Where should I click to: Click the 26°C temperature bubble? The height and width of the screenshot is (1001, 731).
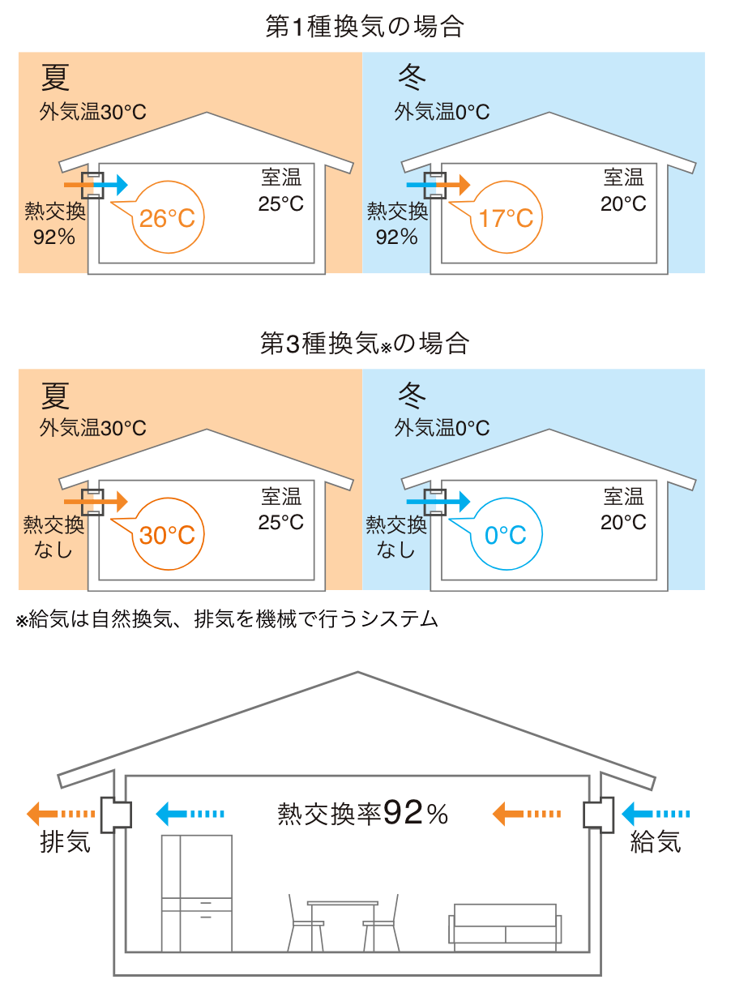coord(167,218)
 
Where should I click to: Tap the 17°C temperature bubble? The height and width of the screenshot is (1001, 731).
coord(506,218)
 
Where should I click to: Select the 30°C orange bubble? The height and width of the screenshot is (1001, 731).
coord(167,535)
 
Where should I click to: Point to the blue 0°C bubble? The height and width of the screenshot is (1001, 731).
coord(506,535)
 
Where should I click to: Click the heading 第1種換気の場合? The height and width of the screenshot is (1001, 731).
coord(365,27)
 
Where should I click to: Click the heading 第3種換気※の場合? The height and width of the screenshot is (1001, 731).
coord(365,344)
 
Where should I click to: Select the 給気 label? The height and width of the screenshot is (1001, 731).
coord(656,843)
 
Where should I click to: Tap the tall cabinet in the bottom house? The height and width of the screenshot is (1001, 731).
coord(197,892)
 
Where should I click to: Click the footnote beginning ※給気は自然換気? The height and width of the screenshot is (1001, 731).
coord(227,620)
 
